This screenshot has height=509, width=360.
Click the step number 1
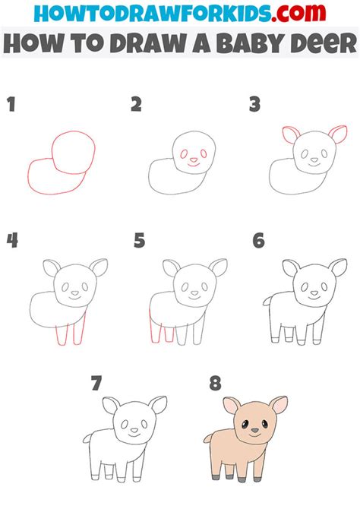coord(11,105)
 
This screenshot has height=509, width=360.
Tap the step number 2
coord(136,105)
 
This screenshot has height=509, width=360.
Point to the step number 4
coord(12,242)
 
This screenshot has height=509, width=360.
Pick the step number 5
coord(139,242)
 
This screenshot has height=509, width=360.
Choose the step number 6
coord(259,242)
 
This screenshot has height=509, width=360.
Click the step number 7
coord(96,384)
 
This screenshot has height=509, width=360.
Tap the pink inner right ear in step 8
coord(279,404)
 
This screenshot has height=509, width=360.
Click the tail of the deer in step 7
coord(88,438)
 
